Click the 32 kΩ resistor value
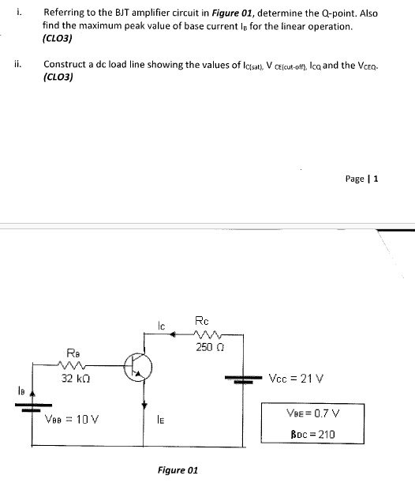pos(75,379)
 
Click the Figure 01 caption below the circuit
pos(178,470)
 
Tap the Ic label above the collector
pos(159,323)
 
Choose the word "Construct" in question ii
pos(65,65)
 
